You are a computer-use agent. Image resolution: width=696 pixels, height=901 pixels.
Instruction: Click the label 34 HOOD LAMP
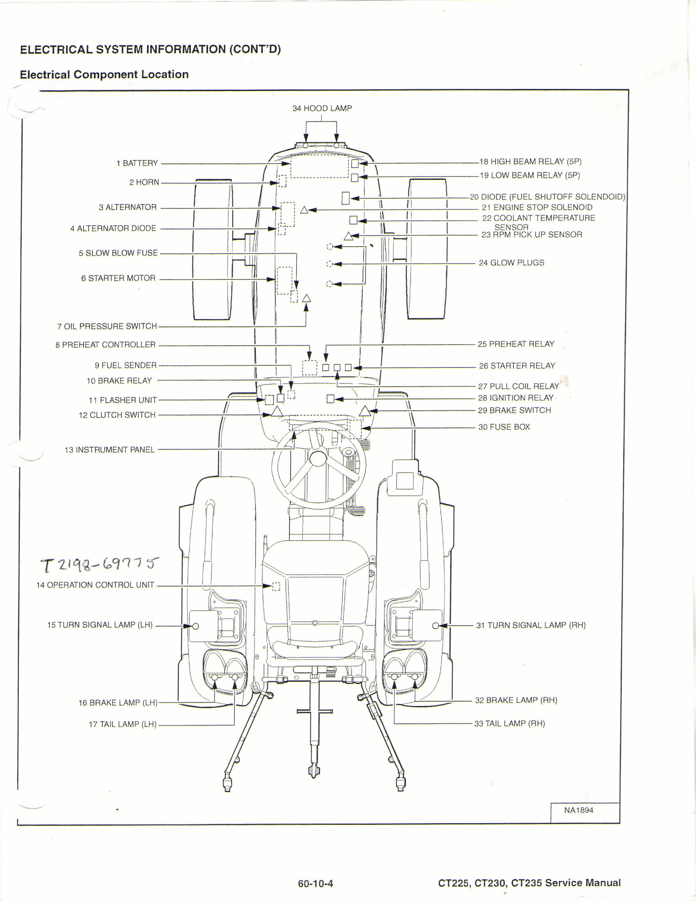[322, 109]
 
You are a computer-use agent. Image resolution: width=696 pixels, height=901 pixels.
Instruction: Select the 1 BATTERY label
[137, 163]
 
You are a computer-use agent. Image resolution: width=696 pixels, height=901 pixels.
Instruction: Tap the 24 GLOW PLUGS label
[511, 263]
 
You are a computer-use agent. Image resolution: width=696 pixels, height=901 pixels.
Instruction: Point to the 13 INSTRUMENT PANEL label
[110, 450]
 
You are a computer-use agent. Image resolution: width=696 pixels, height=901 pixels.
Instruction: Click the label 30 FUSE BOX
[504, 427]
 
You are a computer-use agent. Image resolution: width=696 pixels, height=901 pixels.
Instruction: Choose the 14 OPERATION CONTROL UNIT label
[95, 585]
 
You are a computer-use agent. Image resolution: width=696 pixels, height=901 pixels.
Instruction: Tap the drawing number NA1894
[578, 810]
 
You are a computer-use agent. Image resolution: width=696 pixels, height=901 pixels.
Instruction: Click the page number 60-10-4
[315, 884]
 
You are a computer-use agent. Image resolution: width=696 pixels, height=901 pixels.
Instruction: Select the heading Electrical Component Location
[104, 75]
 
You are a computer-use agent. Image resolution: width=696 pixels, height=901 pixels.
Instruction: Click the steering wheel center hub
[318, 458]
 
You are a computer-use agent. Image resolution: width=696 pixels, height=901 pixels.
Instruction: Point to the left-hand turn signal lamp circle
[196, 626]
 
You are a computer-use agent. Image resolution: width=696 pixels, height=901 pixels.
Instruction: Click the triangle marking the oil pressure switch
[306, 298]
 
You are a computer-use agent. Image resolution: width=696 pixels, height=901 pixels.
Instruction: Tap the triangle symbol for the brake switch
[364, 411]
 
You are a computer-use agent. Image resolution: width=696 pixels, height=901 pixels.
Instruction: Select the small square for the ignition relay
[330, 398]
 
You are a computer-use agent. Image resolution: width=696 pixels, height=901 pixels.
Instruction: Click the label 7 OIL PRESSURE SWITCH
[107, 326]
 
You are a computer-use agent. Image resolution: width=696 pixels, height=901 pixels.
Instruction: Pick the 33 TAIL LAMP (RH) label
[510, 724]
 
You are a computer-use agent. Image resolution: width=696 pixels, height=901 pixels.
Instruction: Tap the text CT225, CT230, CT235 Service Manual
[529, 883]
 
